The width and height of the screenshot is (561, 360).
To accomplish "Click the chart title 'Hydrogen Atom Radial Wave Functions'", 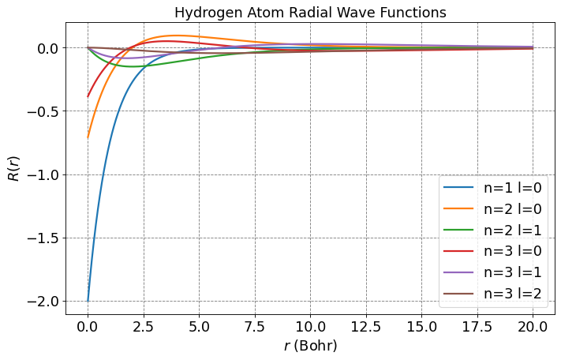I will point(310,13).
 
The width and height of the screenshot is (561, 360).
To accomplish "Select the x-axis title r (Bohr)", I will point(310,346).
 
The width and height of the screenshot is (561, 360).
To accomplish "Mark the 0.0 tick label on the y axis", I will point(50,48).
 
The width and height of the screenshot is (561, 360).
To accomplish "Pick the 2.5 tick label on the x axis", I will point(143,325).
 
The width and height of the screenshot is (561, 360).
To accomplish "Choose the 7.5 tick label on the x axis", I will point(254,325).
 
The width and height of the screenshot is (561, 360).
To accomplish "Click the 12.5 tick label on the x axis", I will point(366,325).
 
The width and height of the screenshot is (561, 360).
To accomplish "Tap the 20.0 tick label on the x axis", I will point(533,325).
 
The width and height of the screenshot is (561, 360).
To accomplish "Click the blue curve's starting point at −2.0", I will point(88,301).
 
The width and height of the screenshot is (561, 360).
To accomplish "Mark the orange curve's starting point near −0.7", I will point(88,137).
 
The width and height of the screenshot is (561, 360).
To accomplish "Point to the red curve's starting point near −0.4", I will point(88,96).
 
